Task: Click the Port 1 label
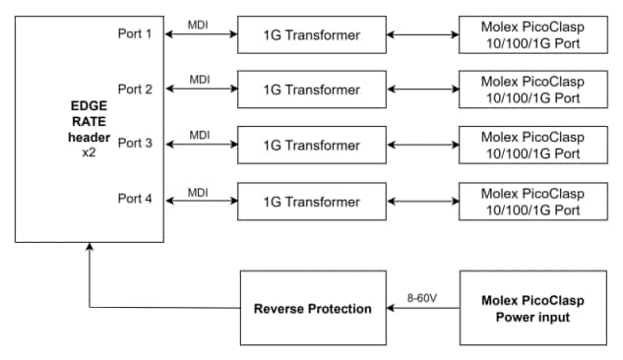click(135, 34)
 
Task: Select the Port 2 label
click(135, 89)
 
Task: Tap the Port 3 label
click(135, 143)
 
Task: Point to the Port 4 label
click(135, 198)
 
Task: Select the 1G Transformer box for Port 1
click(311, 36)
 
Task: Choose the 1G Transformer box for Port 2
click(311, 90)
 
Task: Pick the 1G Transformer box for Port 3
click(311, 145)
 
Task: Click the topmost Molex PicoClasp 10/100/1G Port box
click(532, 36)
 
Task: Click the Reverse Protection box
click(313, 309)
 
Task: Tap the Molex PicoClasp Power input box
click(532, 309)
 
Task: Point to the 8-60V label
click(423, 292)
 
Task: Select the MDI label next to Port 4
click(200, 188)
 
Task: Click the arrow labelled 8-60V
click(423, 309)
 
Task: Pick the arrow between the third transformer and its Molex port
click(422, 146)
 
